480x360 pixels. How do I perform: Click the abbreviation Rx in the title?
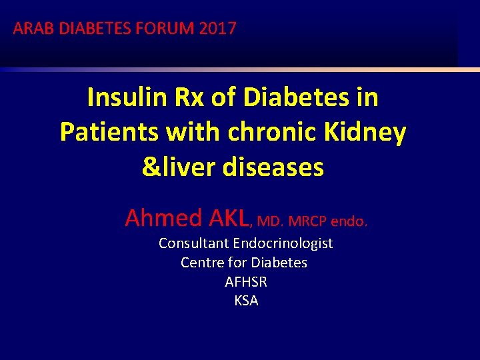tap(189, 98)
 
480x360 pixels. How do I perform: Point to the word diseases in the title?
tap(273, 167)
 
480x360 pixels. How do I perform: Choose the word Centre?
tap(201, 263)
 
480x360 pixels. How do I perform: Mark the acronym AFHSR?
tap(246, 282)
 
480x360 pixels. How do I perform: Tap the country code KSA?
tap(246, 301)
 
